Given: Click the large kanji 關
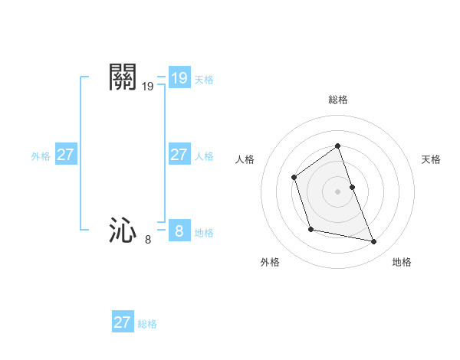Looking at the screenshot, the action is click(x=123, y=77).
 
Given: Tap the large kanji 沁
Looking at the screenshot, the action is click(x=123, y=230).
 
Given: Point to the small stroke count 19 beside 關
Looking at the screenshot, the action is click(x=148, y=87).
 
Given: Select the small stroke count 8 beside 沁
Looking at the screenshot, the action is click(x=148, y=240).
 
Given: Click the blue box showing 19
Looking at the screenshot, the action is click(x=179, y=78).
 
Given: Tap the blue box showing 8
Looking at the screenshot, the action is click(x=179, y=230).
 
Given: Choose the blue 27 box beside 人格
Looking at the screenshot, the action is click(x=179, y=155).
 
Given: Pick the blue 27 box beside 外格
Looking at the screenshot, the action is click(x=65, y=155).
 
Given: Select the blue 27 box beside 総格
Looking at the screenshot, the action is click(x=122, y=322).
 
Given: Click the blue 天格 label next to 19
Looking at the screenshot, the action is click(x=204, y=80).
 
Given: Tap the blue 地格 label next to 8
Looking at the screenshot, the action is click(x=204, y=233).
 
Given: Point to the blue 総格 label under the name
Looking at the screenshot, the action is click(x=147, y=324).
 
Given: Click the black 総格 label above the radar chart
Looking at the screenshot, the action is click(x=338, y=100).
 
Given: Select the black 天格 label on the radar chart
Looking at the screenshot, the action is click(x=431, y=159).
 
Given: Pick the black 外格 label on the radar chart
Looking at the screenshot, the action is click(x=270, y=262).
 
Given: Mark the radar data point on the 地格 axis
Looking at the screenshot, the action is click(x=374, y=242).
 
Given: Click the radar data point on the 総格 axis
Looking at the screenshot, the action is click(x=338, y=146).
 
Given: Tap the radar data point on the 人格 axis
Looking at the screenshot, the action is click(x=294, y=178).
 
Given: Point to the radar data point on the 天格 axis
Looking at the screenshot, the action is click(x=352, y=187).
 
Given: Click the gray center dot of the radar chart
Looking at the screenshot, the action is click(x=338, y=191).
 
